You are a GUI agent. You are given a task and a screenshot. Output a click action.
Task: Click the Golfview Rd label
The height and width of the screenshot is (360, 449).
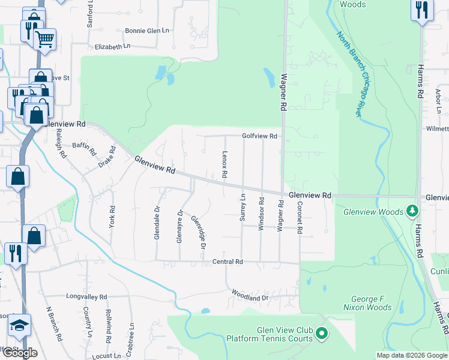point(259,136)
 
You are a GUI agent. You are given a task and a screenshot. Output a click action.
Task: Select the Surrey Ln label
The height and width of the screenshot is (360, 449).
point(243,208)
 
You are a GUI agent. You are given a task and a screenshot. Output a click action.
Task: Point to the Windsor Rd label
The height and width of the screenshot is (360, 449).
point(261,214)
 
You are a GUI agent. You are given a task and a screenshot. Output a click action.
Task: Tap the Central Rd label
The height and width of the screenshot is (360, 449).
point(228,262)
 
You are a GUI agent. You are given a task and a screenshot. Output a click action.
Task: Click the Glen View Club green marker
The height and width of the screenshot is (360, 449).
point(322,332)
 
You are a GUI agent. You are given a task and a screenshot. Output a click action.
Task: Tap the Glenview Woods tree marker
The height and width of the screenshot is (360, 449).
point(412,211)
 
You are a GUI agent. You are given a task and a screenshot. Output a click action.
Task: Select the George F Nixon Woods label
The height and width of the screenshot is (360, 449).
point(367,304)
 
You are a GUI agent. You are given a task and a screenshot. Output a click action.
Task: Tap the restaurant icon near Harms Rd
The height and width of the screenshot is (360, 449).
point(421,10)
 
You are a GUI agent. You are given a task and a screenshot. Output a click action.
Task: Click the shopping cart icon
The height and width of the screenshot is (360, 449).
point(44,39)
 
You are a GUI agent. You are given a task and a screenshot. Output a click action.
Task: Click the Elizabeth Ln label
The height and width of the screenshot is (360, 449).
point(112,46)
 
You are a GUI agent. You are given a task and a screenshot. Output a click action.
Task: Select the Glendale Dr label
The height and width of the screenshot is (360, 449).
point(157,223)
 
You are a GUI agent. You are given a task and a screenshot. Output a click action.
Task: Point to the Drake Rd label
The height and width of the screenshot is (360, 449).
point(106,157)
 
